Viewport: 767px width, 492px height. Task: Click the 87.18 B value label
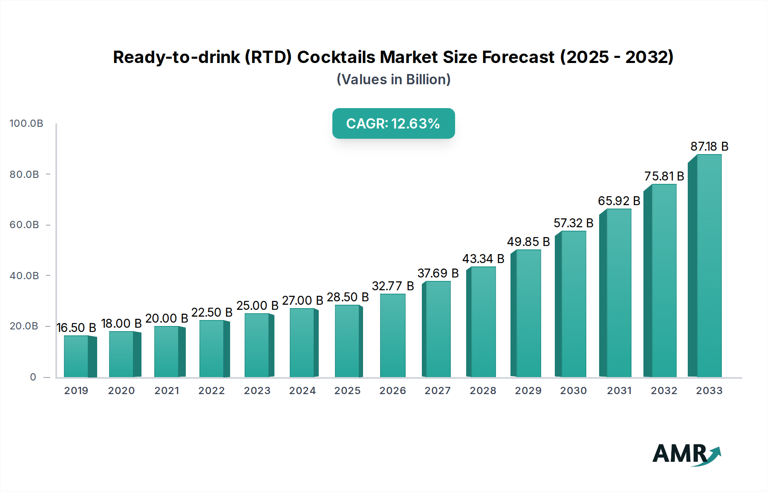tap(709, 146)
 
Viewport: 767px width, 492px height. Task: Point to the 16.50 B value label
tap(76, 328)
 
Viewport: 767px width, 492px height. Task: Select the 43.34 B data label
tap(483, 259)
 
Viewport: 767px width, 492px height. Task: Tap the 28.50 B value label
tap(348, 297)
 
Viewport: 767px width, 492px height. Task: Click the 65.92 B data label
tap(619, 201)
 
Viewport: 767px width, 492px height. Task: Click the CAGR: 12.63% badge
tap(393, 123)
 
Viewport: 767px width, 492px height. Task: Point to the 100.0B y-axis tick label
tap(26, 123)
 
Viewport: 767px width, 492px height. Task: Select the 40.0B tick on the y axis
tap(24, 276)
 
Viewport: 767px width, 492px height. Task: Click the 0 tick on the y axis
tap(33, 377)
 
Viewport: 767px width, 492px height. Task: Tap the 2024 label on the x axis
tap(302, 391)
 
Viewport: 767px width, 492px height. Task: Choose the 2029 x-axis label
tap(528, 391)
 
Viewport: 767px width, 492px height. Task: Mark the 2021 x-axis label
tap(167, 391)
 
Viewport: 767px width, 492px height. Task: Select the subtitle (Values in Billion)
tap(393, 80)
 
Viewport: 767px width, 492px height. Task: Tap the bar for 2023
tap(257, 345)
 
